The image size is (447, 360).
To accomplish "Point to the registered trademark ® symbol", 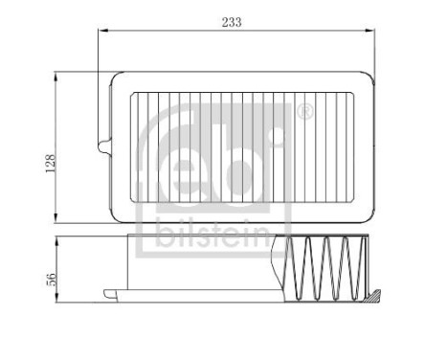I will pyautogui.click(x=305, y=111).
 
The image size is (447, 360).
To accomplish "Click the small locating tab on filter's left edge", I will pyautogui.click(x=101, y=146).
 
